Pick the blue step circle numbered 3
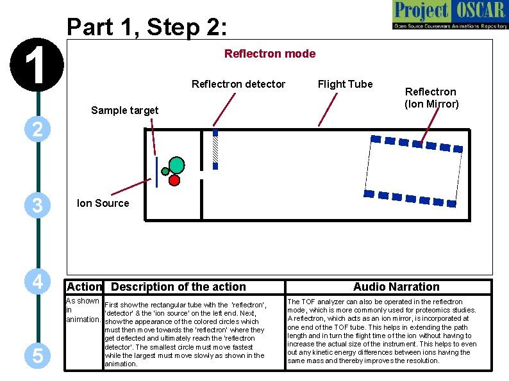(x=38, y=206)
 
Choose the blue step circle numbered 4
(x=38, y=282)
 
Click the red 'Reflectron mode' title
(x=270, y=54)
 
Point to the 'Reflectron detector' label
(x=238, y=84)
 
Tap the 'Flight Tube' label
(x=346, y=84)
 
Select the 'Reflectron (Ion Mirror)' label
(x=431, y=97)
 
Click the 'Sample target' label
(x=124, y=110)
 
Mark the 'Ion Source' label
(x=103, y=203)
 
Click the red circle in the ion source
(x=174, y=180)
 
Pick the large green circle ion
(x=176, y=165)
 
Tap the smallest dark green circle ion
(x=165, y=171)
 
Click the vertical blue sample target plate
(x=156, y=171)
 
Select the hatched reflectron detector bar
(x=215, y=149)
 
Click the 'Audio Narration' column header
(x=396, y=287)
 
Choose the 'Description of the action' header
(x=178, y=287)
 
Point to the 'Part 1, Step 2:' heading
(x=146, y=27)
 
